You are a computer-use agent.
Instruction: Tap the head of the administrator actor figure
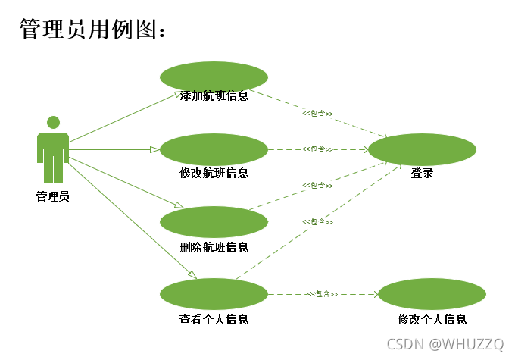(x=53, y=122)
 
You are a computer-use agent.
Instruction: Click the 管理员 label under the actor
(x=53, y=196)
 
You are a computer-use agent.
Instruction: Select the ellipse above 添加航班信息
(x=214, y=76)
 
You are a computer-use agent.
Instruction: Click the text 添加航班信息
(x=214, y=96)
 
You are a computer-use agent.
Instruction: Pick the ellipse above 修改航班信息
(x=214, y=149)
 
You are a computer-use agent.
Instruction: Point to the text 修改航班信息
(x=214, y=172)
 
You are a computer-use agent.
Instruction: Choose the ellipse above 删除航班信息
(x=214, y=221)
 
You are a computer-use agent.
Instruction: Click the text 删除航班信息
(x=214, y=247)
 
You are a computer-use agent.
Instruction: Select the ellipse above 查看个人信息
(x=214, y=293)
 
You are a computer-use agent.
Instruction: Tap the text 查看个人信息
(x=214, y=319)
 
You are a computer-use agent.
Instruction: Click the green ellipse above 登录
(x=422, y=149)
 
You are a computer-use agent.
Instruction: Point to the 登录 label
(x=422, y=173)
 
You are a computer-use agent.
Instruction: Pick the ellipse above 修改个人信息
(x=432, y=293)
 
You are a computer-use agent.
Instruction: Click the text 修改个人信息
(x=432, y=319)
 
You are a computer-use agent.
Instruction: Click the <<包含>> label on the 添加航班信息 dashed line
(x=318, y=113)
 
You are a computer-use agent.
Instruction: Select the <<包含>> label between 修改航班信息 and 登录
(x=318, y=149)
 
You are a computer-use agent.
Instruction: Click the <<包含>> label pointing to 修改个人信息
(x=322, y=293)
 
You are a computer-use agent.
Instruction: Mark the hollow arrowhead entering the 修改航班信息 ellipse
(x=154, y=149)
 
